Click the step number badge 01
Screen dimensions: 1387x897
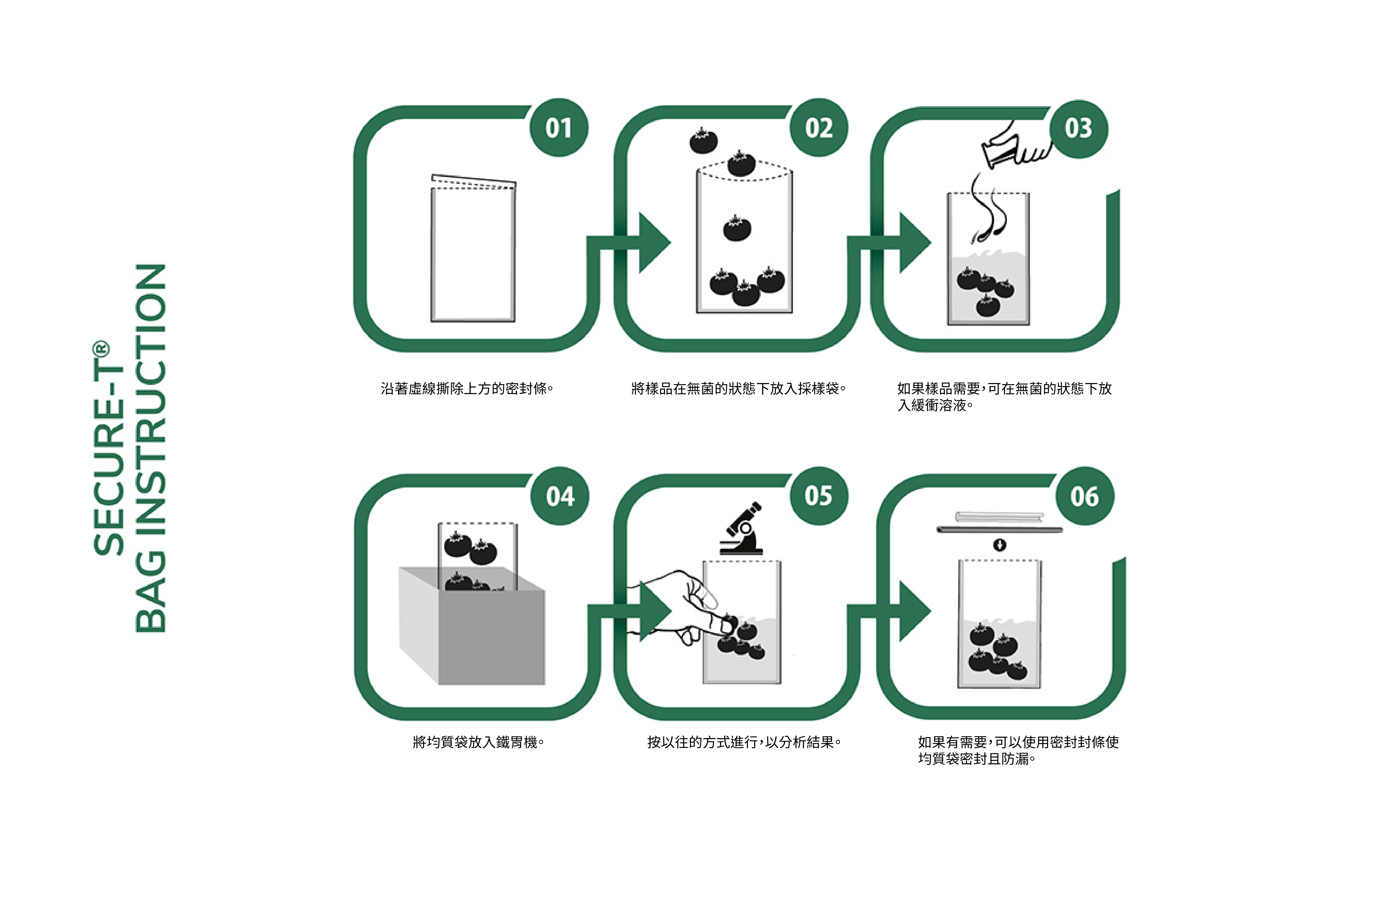point(558,128)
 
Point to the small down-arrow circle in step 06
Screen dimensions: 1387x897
point(999,545)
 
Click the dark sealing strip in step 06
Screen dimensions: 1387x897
point(999,530)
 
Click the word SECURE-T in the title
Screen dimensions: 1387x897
point(108,447)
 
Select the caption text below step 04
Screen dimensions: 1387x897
point(478,742)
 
